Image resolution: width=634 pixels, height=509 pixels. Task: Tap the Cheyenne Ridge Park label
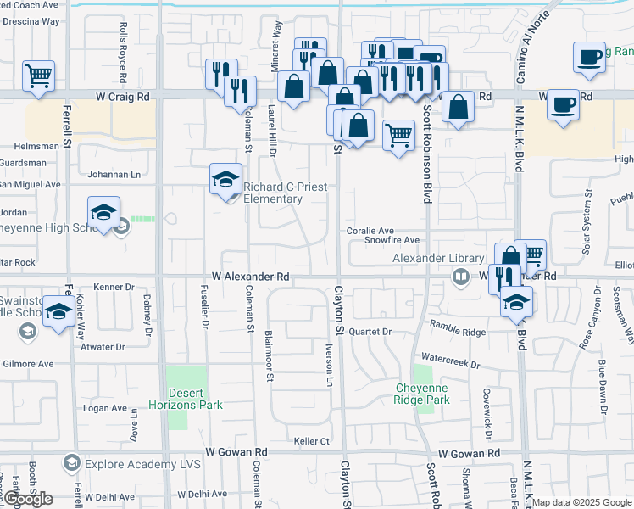tap(422, 393)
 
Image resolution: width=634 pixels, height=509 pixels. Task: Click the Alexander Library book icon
tap(460, 276)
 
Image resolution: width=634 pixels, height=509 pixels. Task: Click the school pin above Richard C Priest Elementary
tap(225, 179)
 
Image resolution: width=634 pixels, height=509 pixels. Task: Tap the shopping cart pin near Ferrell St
tap(38, 76)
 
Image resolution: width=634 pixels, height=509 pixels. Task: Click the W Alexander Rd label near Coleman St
tap(251, 277)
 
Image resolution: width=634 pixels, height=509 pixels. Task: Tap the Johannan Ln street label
tap(114, 175)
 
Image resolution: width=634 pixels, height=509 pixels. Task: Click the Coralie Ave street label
tap(370, 231)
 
